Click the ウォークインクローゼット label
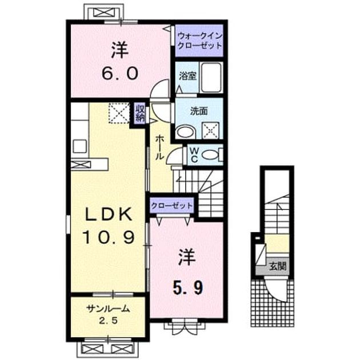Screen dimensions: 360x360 coord(200,41)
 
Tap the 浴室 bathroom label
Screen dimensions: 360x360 coord(187,76)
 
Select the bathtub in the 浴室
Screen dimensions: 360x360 coord(211,78)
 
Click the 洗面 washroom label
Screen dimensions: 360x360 coord(199,111)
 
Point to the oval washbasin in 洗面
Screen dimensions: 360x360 coord(185,132)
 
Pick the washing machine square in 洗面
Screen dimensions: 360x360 coord(210,130)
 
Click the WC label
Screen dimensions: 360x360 coord(194,155)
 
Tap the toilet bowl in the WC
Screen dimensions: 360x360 coord(210,154)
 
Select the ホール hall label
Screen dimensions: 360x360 coord(160,147)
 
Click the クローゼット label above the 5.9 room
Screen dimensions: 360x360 coord(171,206)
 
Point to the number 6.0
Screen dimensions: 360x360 coord(120,74)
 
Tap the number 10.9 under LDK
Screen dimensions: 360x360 coord(109,237)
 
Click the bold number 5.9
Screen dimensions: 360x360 coord(188,288)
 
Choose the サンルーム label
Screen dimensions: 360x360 coord(108,309)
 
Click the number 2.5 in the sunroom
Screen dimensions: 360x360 coord(108,321)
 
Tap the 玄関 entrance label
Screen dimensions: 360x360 coord(278,266)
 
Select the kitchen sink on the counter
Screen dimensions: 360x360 coord(80,146)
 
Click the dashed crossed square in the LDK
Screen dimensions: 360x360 coord(119,113)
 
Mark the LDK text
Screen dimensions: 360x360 coord(109,214)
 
